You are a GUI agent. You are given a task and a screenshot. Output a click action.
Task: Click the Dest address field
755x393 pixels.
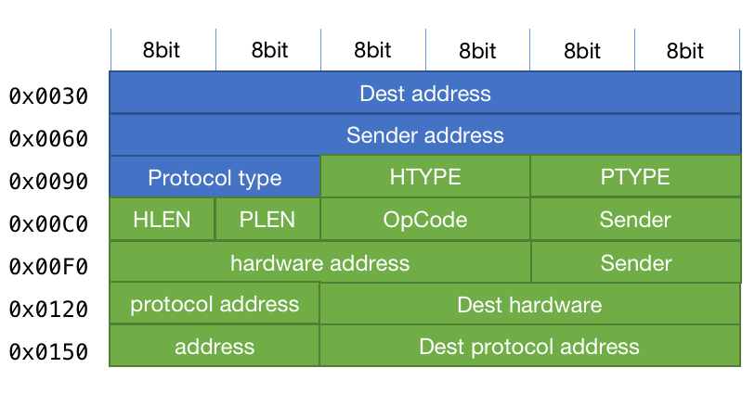(424, 93)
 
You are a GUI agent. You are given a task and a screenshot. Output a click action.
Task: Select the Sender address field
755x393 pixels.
(424, 135)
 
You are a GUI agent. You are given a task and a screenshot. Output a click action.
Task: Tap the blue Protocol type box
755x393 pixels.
(215, 177)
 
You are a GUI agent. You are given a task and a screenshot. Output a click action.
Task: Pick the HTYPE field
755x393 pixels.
(424, 177)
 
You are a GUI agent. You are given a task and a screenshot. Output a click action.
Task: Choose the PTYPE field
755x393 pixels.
(635, 177)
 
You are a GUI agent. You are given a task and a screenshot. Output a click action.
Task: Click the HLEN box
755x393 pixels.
(162, 220)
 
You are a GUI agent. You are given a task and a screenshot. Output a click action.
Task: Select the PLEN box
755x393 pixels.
(267, 220)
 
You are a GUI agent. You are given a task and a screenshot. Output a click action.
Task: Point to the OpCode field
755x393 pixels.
(424, 220)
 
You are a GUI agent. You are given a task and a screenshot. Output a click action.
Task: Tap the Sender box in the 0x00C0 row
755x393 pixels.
(635, 220)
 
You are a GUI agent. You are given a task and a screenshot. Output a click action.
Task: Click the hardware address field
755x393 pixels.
(319, 262)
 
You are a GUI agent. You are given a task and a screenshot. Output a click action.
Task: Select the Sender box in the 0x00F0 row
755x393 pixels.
(635, 262)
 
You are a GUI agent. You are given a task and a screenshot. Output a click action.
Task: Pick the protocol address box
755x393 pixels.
(215, 304)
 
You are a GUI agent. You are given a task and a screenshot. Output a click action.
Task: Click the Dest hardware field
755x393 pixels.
(529, 304)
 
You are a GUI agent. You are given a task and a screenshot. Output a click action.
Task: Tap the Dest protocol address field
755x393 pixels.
(529, 347)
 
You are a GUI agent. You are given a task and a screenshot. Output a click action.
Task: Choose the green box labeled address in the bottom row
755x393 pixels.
(215, 347)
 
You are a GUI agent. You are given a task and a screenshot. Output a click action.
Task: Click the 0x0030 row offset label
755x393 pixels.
(48, 96)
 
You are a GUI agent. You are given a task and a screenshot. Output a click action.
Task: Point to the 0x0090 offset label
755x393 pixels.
(48, 182)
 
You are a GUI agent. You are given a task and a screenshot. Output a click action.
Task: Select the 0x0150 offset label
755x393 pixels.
(48, 352)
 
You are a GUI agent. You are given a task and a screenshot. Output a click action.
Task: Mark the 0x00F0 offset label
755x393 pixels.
(48, 267)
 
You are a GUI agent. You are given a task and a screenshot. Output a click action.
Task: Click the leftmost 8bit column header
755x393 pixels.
(162, 51)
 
